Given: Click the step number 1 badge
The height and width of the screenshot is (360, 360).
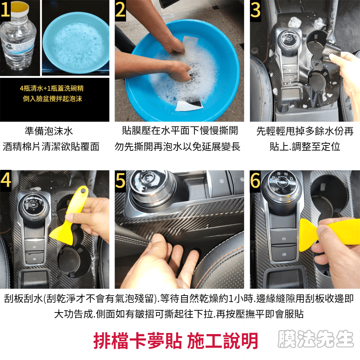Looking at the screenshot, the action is point(5,10).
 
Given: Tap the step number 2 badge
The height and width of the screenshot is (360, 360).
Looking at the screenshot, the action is point(120,10).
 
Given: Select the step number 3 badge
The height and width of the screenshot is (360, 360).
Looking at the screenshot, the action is point(255,10).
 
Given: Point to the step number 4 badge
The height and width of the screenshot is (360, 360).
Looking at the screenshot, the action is point(5,181).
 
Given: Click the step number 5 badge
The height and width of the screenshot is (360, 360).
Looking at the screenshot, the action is point(120,181).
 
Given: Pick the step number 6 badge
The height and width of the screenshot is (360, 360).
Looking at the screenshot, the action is point(255,181).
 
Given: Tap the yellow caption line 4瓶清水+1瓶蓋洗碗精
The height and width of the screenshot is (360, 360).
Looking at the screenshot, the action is point(52,88).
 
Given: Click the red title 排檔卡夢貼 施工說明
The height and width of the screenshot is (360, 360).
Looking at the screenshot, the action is point(176,341).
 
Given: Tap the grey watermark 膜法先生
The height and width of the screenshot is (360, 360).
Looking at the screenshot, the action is point(315,339).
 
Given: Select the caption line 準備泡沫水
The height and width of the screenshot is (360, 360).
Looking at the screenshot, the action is point(49,131).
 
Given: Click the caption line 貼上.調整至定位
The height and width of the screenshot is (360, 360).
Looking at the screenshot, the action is point(305,146).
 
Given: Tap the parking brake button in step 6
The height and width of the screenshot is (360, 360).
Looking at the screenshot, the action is point(284,239).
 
